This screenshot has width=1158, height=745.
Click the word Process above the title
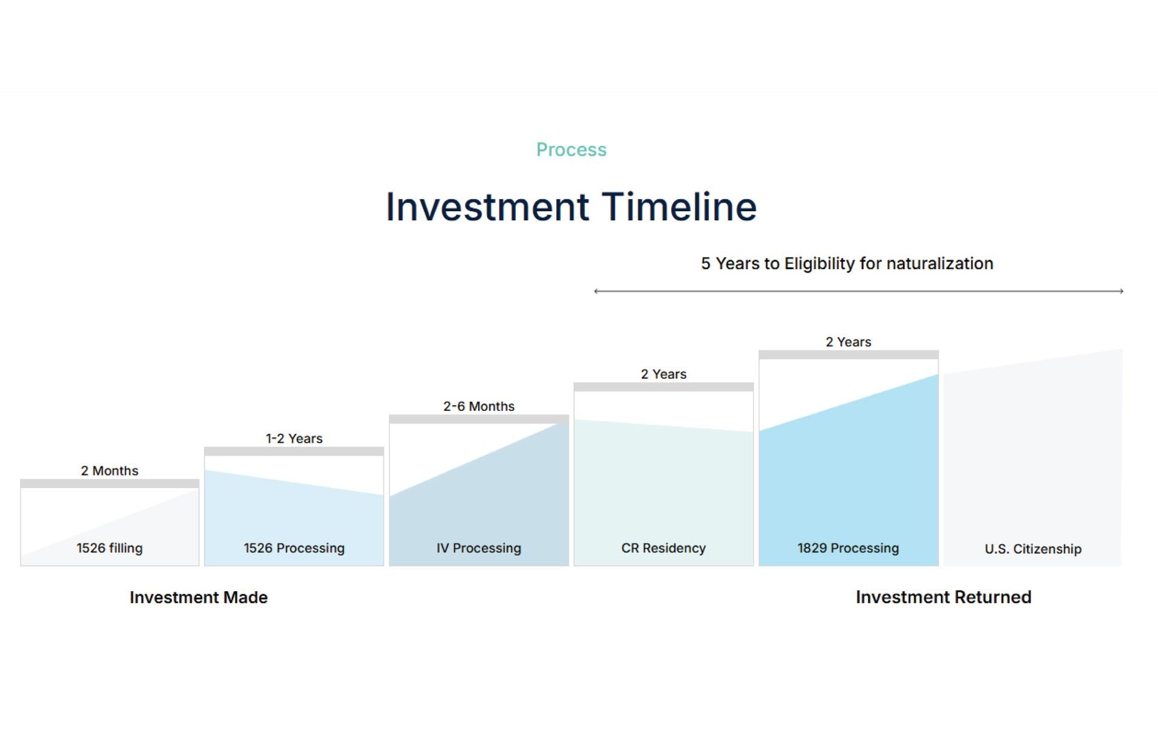[x=571, y=150]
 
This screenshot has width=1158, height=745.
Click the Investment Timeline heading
[x=571, y=207]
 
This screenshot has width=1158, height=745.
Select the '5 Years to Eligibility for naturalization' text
[x=847, y=264]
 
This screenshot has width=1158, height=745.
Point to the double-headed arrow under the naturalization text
[x=858, y=291]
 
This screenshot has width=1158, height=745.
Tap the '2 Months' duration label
[x=110, y=471]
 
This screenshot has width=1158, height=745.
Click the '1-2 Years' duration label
[x=294, y=439]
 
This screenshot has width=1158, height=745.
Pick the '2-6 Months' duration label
[x=479, y=407]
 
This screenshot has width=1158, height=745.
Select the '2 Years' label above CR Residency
[x=663, y=374]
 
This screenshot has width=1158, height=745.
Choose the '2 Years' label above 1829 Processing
[x=849, y=342]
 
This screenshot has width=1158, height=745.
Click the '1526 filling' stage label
[x=110, y=548]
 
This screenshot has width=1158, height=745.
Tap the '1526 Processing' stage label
[x=294, y=548]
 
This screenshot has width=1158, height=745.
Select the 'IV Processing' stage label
[x=479, y=548]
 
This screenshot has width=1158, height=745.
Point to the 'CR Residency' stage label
[x=663, y=548]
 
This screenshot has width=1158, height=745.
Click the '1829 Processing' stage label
[x=849, y=548]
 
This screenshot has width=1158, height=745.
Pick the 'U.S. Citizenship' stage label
[x=1033, y=549]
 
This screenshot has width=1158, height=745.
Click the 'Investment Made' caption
[x=198, y=597]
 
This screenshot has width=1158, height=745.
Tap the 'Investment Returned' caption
[x=944, y=597]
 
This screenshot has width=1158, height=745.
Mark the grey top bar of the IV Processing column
[x=479, y=419]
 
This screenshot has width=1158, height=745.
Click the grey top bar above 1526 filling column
[x=110, y=484]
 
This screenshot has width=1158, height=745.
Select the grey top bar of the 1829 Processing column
[x=849, y=355]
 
